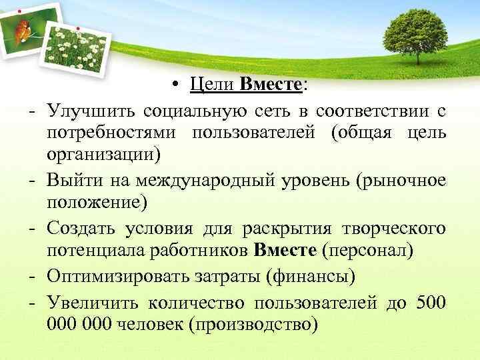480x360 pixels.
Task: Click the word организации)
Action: tap(104, 155)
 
